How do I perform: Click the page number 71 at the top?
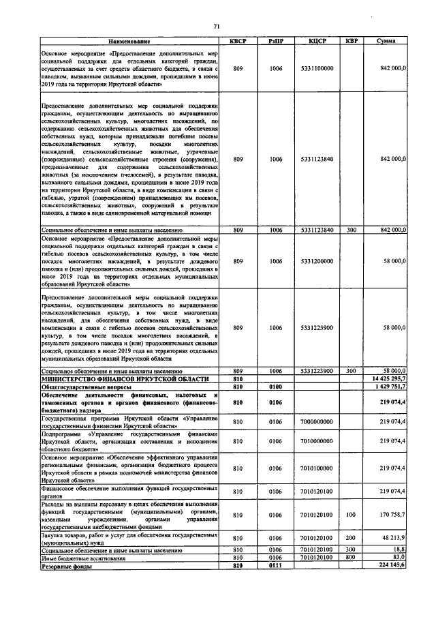pyautogui.click(x=217, y=26)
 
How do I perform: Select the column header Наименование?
pyautogui.click(x=131, y=42)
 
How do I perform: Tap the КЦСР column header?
pyautogui.click(x=317, y=42)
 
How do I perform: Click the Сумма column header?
pyautogui.click(x=387, y=42)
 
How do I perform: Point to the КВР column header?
pyautogui.click(x=352, y=42)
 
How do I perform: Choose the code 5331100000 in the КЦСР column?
pyautogui.click(x=317, y=69)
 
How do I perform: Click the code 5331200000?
pyautogui.click(x=317, y=261)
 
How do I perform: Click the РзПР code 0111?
pyautogui.click(x=275, y=566)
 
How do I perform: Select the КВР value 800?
pyautogui.click(x=352, y=557)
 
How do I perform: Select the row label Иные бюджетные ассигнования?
pyautogui.click(x=84, y=557)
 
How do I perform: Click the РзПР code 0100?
pyautogui.click(x=275, y=386)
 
